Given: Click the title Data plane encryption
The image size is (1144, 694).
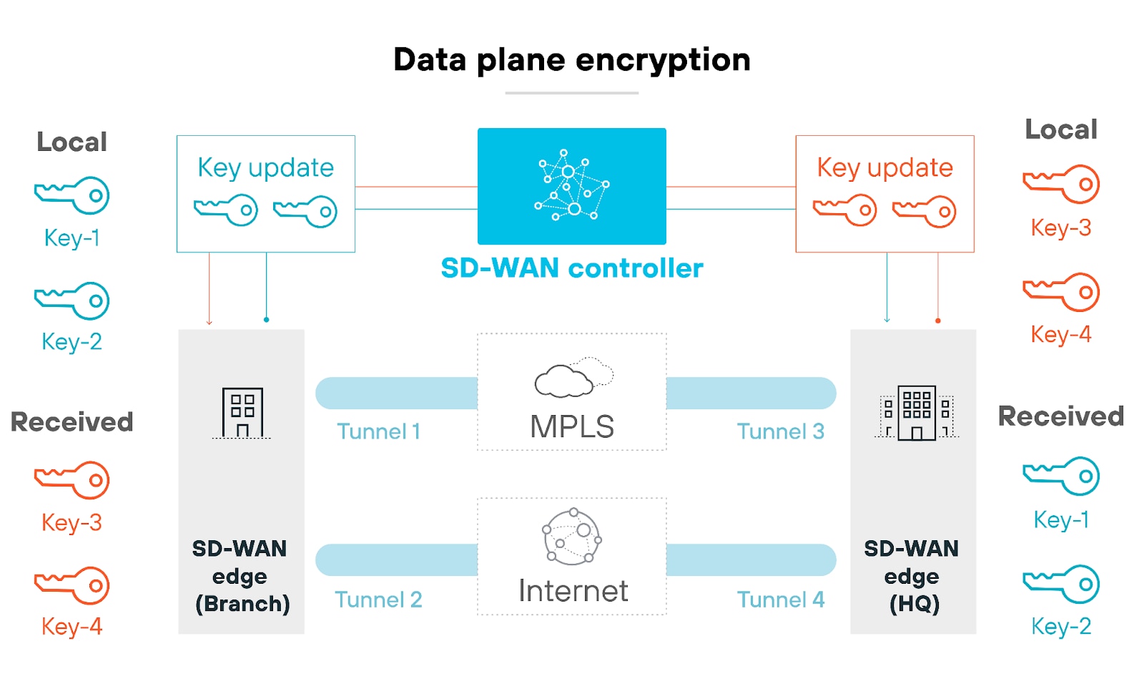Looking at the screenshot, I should point(571,60).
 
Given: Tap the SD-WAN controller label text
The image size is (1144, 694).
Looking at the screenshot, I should point(571,268).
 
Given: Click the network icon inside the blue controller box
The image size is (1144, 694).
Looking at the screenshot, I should point(571,185).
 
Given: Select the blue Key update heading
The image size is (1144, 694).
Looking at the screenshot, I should point(265,168).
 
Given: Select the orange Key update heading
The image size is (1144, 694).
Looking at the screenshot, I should point(884,168).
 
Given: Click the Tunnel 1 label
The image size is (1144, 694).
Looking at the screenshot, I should point(378,431).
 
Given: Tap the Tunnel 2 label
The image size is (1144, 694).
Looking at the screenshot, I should point(378,600).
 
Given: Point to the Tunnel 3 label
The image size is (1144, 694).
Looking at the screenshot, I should point(780,431).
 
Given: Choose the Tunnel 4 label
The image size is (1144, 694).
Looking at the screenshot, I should point(780,600).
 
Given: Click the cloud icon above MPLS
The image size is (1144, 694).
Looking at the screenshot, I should point(573,378).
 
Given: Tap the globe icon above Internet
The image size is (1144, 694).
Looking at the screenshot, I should point(571,537).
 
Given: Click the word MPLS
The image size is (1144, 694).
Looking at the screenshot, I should point(571,427).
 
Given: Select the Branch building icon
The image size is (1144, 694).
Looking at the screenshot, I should point(242,413).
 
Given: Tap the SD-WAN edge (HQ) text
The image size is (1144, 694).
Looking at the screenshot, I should point(912,576).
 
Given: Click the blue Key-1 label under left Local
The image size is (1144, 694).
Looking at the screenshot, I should point(71,238).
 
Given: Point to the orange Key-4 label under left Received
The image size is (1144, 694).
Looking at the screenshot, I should point(71,627).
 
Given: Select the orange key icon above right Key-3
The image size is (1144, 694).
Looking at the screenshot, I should point(1060,184).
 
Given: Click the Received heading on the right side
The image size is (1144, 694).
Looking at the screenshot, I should point(1060,416).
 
